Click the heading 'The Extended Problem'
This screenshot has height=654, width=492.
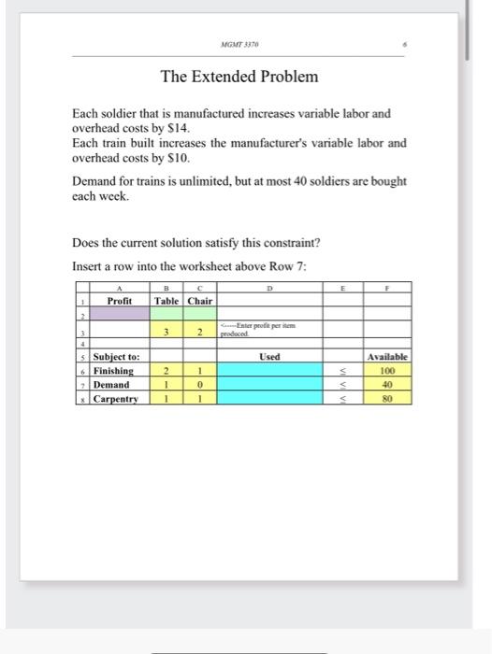pos(239,76)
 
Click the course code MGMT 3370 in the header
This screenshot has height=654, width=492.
pos(239,44)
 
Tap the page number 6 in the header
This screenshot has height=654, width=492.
pos(404,44)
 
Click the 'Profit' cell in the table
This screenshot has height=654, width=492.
pos(119,301)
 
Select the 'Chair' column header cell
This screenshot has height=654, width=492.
pos(200,301)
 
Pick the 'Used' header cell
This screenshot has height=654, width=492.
pos(269,357)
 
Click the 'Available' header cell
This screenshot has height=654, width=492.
pos(387,357)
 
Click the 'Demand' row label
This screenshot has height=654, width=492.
pos(111,385)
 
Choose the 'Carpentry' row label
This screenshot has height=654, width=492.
pos(115,399)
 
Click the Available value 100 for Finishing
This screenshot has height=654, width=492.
pos(387,371)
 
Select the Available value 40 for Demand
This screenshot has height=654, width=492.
pos(387,385)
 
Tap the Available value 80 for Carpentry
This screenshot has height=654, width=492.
pos(387,399)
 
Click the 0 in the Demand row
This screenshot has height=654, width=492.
pos(200,385)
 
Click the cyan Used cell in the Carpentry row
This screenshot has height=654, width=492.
pos(269,399)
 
